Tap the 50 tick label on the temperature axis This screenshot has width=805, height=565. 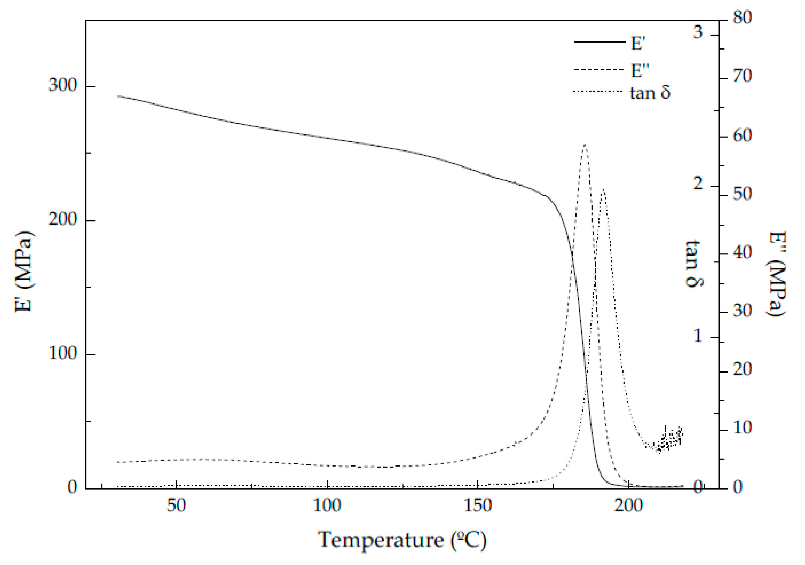[176, 505]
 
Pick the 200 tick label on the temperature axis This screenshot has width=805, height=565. [628, 505]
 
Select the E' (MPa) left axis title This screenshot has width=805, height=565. [25, 271]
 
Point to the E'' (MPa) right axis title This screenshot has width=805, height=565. [777, 274]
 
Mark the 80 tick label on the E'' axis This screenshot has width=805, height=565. [742, 17]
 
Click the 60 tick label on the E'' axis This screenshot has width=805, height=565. [742, 136]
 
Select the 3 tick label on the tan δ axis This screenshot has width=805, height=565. [698, 32]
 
